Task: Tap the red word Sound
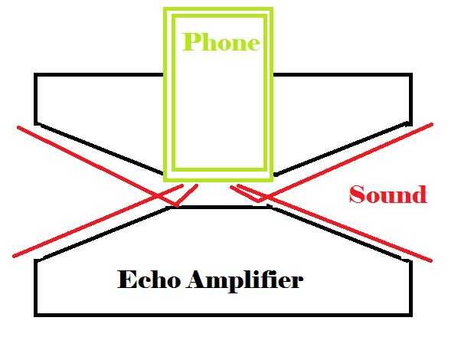tap(387, 195)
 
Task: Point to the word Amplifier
tap(245, 281)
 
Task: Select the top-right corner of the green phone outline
tap(272, 9)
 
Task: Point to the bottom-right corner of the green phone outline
tap(272, 182)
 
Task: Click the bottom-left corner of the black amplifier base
tap(36, 314)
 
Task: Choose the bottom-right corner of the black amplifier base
tap(412, 314)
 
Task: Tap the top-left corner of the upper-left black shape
tap(36, 75)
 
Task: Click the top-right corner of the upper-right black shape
tap(412, 75)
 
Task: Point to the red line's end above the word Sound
tap(433, 123)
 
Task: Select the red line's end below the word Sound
tap(432, 260)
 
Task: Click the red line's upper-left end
tap(17, 127)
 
